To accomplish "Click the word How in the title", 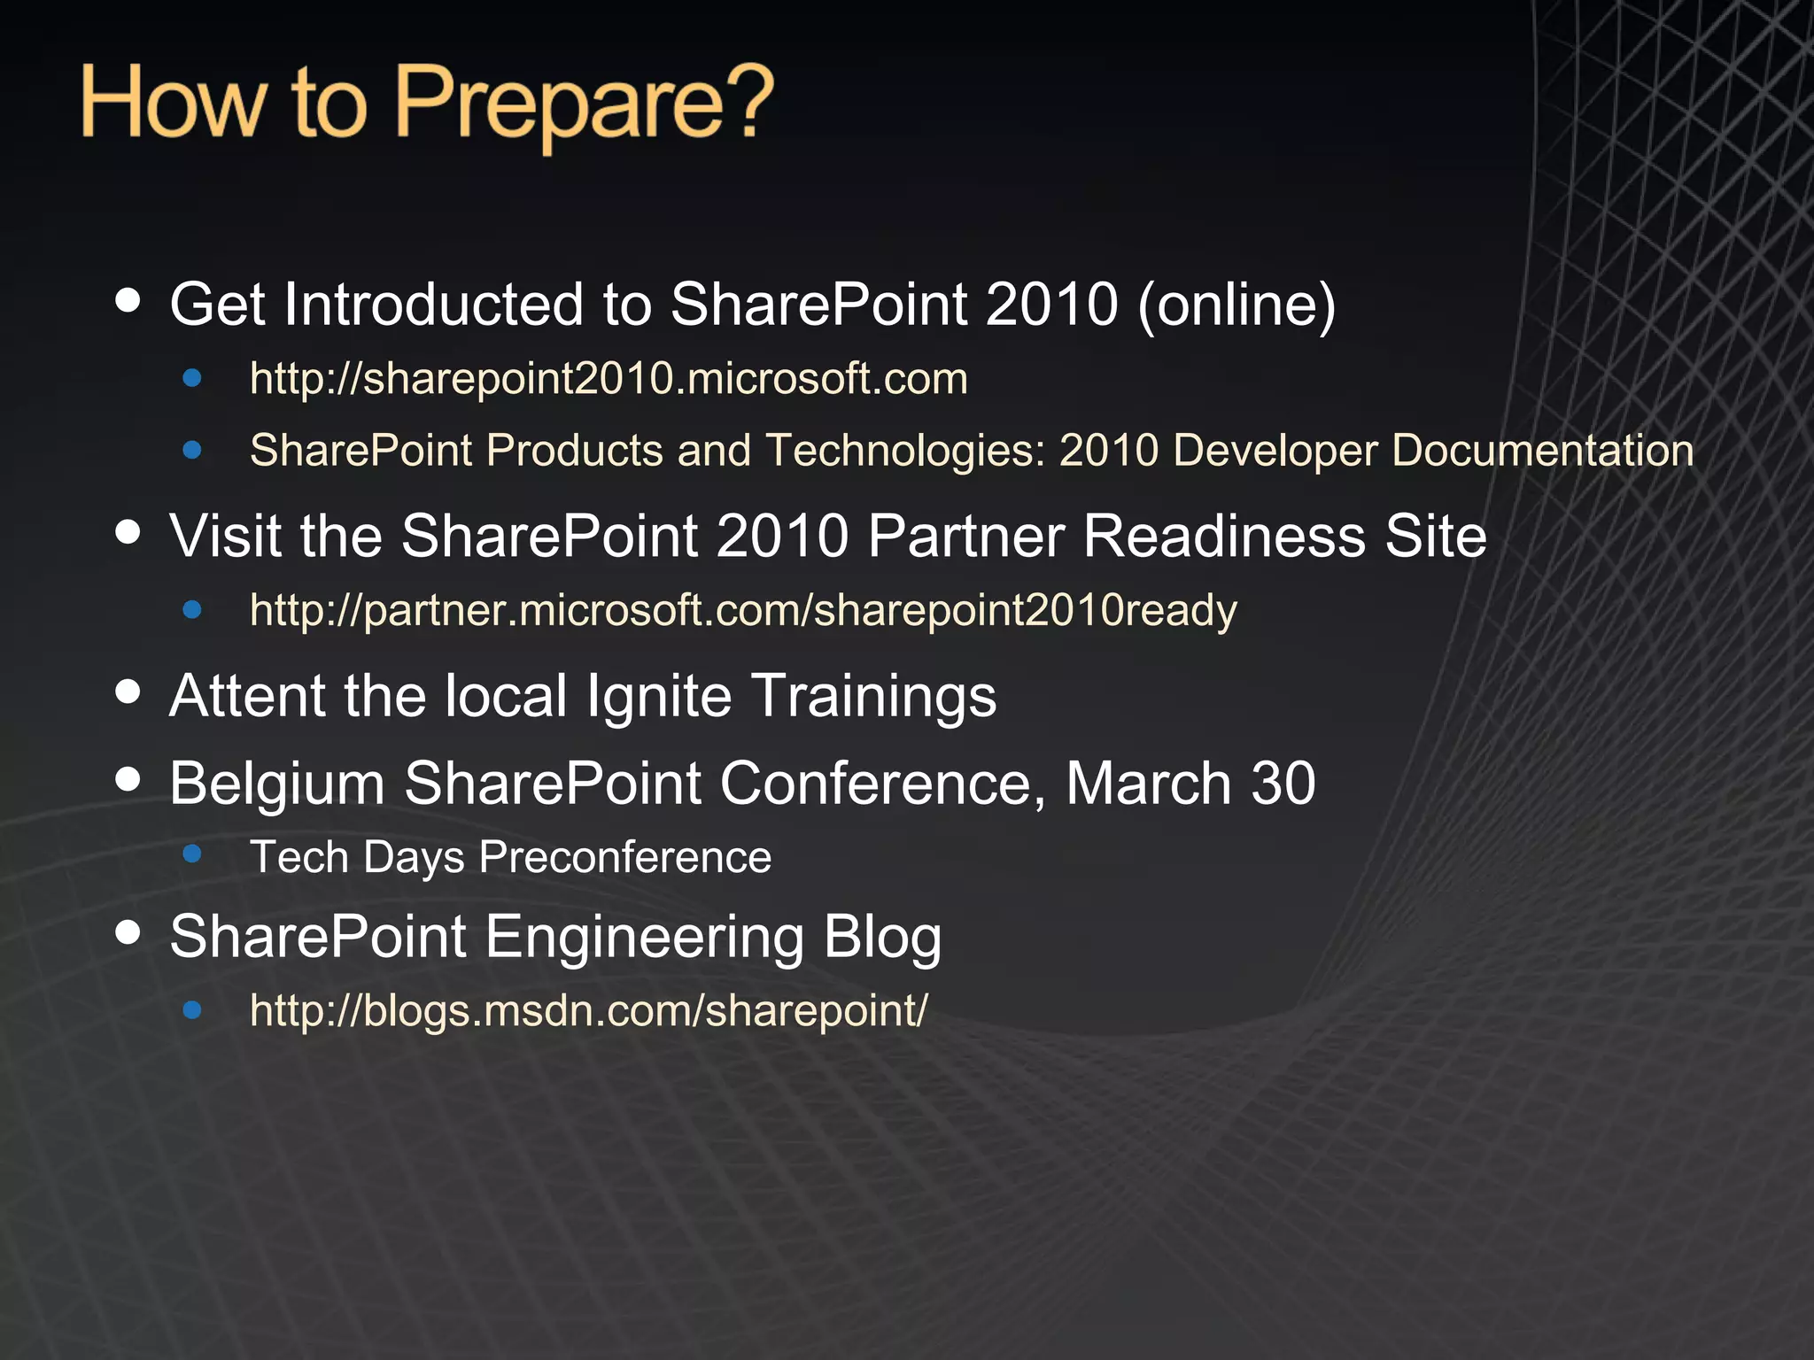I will coord(173,104).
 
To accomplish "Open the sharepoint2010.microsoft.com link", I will coord(609,379).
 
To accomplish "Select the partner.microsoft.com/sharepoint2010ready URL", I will coord(743,611).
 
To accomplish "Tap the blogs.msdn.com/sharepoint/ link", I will coord(588,1010).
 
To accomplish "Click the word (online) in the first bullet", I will coord(1236,305).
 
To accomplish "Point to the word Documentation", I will coord(1542,451).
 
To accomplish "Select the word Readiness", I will coord(1223,537).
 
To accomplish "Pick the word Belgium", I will coord(276,785).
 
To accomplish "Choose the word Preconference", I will coord(625,858).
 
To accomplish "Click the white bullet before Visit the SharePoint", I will coord(128,532).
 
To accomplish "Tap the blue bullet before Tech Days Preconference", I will coord(192,854).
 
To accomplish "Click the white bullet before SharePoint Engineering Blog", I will coord(128,932).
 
